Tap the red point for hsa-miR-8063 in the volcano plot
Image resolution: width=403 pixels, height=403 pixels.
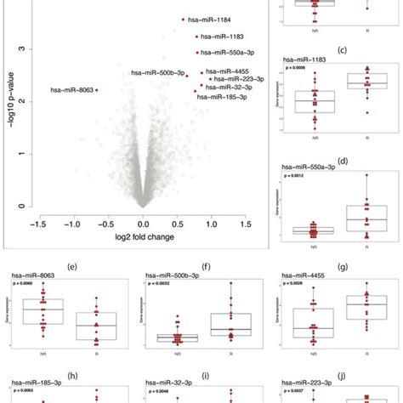click(96, 89)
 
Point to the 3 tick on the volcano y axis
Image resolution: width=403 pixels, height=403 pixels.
click(28, 50)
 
